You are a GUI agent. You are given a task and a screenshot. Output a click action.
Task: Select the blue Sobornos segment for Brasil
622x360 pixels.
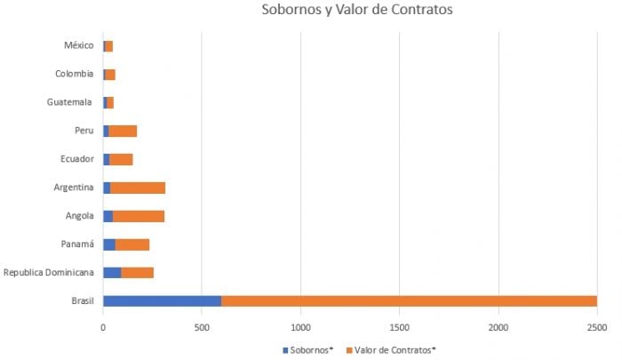[x=162, y=300]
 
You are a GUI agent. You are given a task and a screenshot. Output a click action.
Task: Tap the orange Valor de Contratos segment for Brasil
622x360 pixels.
[x=409, y=300]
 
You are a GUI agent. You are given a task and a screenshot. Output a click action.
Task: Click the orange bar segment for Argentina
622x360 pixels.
[x=138, y=188]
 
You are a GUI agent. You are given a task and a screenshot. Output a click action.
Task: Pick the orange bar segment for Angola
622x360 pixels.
[x=139, y=216]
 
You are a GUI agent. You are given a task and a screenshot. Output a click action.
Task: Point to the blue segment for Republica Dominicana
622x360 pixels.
[x=112, y=272]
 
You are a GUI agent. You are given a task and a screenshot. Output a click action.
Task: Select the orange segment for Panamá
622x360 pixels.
[x=132, y=244]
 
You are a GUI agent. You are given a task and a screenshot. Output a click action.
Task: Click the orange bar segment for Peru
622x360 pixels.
[x=123, y=132]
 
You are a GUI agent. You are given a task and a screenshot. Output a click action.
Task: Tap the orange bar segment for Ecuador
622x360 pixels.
[x=121, y=159]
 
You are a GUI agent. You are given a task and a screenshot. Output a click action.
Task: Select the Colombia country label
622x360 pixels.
[x=74, y=74]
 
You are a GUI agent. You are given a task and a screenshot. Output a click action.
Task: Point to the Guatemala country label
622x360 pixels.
[x=70, y=102]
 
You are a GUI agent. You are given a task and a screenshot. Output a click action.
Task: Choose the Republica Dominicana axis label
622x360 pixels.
[x=49, y=272]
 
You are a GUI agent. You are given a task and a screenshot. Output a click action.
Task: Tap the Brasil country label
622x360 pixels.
[x=83, y=300]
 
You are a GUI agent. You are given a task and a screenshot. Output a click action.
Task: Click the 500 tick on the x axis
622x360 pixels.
[x=202, y=326]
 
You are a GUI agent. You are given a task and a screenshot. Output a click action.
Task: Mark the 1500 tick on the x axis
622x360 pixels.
[x=399, y=326]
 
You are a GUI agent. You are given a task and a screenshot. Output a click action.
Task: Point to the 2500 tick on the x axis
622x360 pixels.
[x=596, y=326]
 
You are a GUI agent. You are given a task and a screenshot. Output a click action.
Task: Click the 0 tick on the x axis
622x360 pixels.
[x=103, y=326]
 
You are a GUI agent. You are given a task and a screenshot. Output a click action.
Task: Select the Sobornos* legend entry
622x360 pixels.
[x=308, y=349]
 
